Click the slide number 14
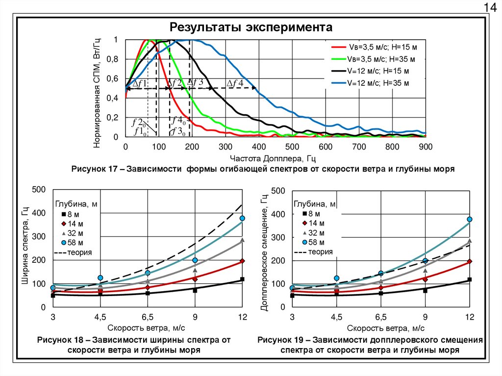tap(489, 7)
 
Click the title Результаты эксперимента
tap(251, 26)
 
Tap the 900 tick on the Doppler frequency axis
tap(425, 147)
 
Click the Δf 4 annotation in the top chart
tap(234, 83)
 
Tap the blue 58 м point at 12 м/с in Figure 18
tap(242, 218)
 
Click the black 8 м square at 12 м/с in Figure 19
tap(469, 280)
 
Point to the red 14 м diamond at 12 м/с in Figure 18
tap(242, 261)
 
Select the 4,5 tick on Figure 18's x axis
tap(100, 317)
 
